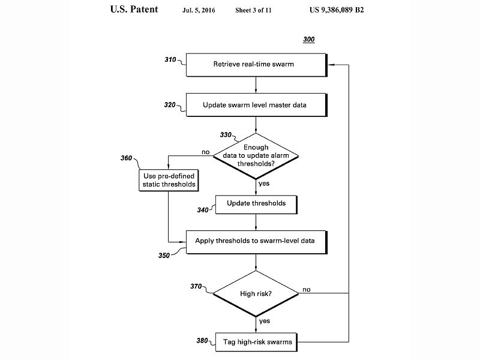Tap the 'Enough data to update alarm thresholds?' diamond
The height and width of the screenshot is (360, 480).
click(x=256, y=156)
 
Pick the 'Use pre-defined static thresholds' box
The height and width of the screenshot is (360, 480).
click(x=169, y=179)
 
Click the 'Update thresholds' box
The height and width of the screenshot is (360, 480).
click(x=256, y=204)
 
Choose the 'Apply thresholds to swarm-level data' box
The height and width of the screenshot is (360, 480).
click(x=256, y=241)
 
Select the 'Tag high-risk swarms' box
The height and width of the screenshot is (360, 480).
click(x=256, y=341)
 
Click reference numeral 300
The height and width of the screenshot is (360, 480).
click(x=308, y=40)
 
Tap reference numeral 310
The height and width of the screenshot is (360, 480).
click(x=171, y=60)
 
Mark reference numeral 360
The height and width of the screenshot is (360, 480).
click(x=127, y=158)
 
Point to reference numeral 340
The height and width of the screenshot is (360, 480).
click(x=202, y=210)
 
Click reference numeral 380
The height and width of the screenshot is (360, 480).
click(x=202, y=341)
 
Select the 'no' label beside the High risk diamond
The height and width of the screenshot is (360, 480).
click(x=307, y=289)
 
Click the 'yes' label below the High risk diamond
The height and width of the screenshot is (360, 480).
click(x=264, y=320)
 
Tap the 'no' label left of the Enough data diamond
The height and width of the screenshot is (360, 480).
click(x=206, y=152)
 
